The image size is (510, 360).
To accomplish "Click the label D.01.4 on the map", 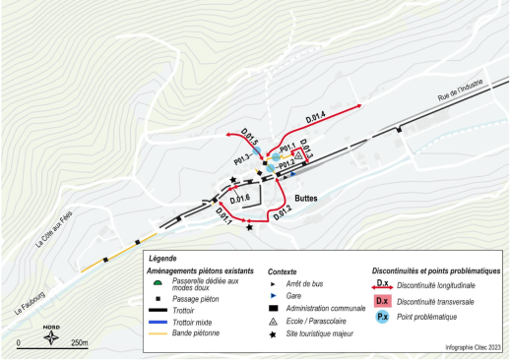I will tap(315, 118).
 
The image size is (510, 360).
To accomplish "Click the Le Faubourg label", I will tap(32, 298).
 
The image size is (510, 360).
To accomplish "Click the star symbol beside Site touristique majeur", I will tap(273, 335).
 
